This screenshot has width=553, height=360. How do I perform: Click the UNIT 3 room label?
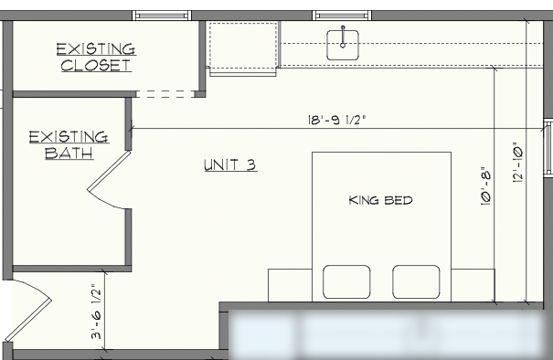[230, 165]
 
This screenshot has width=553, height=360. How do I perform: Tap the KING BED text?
[380, 200]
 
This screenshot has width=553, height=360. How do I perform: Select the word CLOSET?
[96, 66]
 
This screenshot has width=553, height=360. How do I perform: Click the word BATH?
[69, 153]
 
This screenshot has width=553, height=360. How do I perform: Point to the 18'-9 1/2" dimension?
[336, 121]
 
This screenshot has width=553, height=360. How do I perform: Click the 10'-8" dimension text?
[486, 186]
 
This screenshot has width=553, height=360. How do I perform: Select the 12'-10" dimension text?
[517, 163]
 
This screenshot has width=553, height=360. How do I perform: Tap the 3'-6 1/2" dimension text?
[96, 312]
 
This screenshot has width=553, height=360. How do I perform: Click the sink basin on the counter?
[343, 45]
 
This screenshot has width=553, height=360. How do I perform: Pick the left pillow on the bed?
[346, 282]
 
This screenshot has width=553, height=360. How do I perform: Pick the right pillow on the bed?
[416, 282]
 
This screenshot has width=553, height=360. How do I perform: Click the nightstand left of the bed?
[290, 285]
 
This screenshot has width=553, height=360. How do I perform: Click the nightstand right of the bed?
[473, 285]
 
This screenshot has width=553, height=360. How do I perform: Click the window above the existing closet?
[162, 16]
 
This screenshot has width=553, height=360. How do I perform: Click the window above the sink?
[342, 16]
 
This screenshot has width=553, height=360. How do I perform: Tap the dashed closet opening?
[165, 94]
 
